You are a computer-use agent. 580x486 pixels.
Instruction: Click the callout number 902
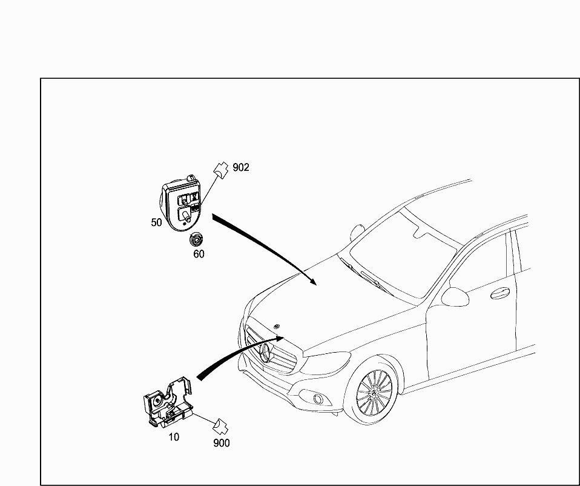click(x=241, y=168)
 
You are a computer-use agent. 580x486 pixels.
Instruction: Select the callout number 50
click(x=156, y=222)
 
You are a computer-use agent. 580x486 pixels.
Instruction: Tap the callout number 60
click(x=199, y=255)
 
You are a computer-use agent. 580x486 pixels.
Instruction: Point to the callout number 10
click(x=174, y=437)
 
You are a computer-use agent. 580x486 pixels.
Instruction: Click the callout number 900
click(x=222, y=443)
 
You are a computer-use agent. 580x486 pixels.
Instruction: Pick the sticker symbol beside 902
click(x=221, y=170)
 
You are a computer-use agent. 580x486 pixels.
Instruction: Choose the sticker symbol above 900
click(x=220, y=427)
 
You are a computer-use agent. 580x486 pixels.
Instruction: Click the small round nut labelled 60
click(x=196, y=240)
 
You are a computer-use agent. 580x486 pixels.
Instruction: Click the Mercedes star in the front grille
click(x=266, y=353)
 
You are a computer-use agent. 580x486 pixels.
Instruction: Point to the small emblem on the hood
click(x=276, y=326)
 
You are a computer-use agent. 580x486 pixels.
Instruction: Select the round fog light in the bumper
click(x=317, y=399)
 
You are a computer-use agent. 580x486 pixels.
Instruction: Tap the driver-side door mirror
click(x=455, y=297)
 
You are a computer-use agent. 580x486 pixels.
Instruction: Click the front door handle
click(x=499, y=293)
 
